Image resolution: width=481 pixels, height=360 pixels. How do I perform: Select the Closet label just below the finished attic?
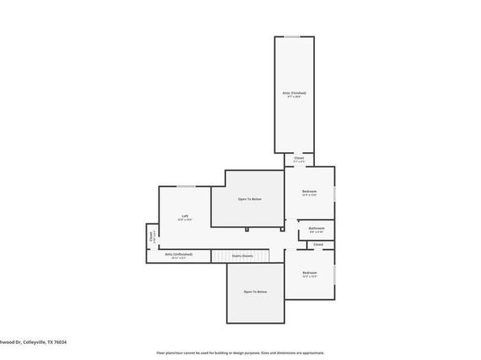299,158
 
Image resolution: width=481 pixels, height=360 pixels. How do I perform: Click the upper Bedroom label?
308,192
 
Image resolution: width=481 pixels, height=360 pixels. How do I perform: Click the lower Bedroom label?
309,273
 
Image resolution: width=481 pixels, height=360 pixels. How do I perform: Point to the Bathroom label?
316,228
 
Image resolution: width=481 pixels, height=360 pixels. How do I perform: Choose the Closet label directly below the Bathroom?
318,244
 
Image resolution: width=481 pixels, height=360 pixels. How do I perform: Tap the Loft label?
185,216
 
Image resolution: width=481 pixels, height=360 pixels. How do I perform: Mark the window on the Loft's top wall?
185,187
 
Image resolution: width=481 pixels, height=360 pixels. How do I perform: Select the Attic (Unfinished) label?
179,254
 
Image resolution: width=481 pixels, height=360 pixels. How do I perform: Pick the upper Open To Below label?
249,199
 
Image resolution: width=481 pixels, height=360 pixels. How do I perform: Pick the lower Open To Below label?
255,291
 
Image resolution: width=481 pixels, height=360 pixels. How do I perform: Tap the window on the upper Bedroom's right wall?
334,193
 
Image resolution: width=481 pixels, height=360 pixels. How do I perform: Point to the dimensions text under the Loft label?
185,221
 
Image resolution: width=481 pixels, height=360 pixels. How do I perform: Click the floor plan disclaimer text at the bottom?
240,353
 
